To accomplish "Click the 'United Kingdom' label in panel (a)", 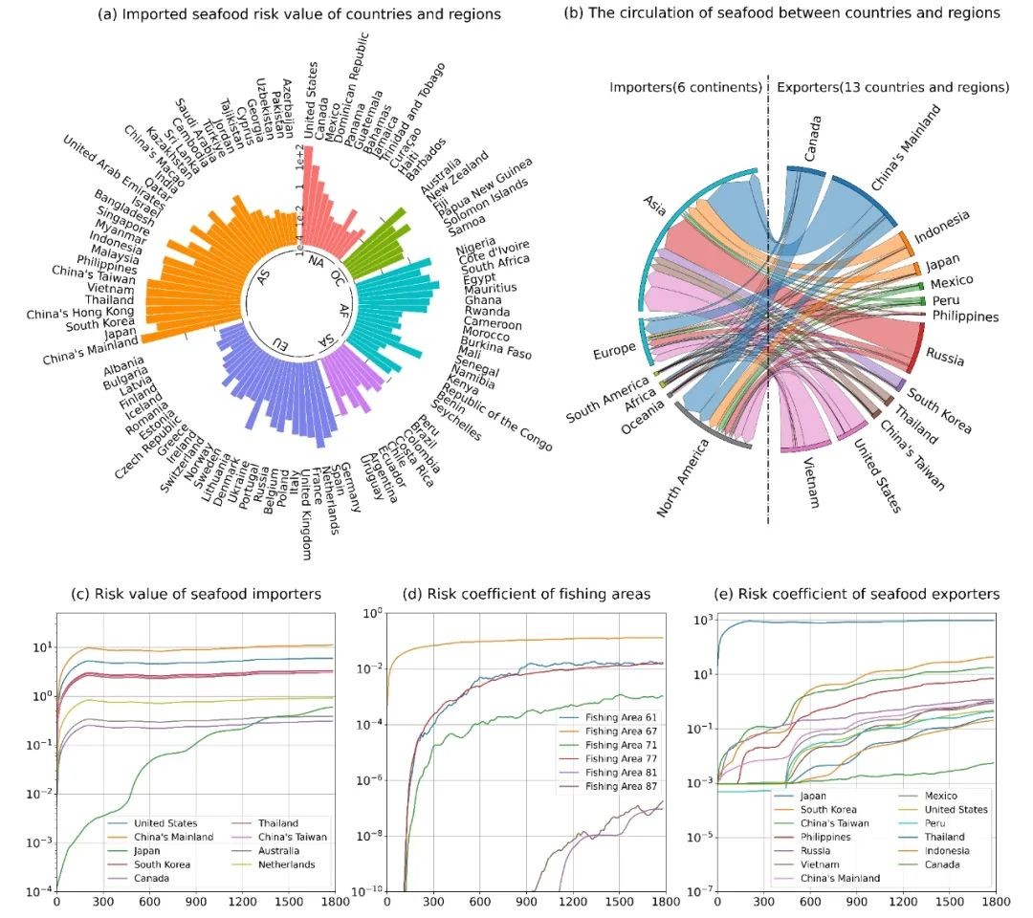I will (304, 515).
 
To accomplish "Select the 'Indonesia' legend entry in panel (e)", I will (941, 850).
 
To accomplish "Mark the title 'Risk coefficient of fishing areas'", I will (523, 595).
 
